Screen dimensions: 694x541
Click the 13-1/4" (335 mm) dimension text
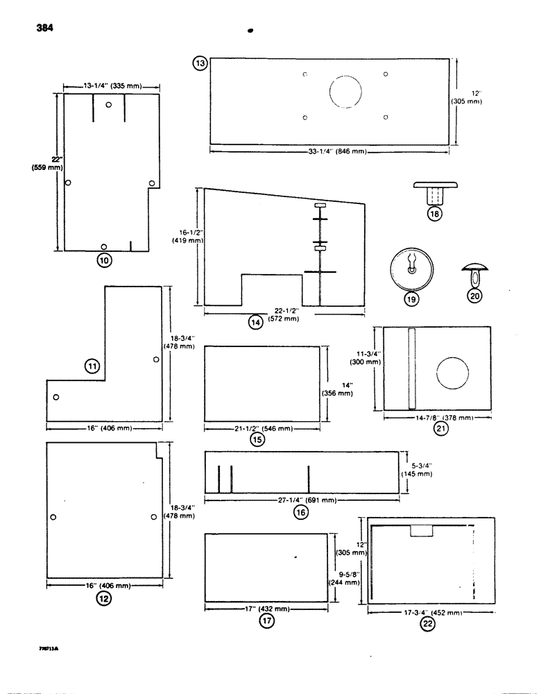click(112, 86)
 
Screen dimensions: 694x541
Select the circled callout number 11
click(92, 365)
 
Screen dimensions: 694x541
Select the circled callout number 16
click(300, 512)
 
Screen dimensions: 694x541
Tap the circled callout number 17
click(266, 622)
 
